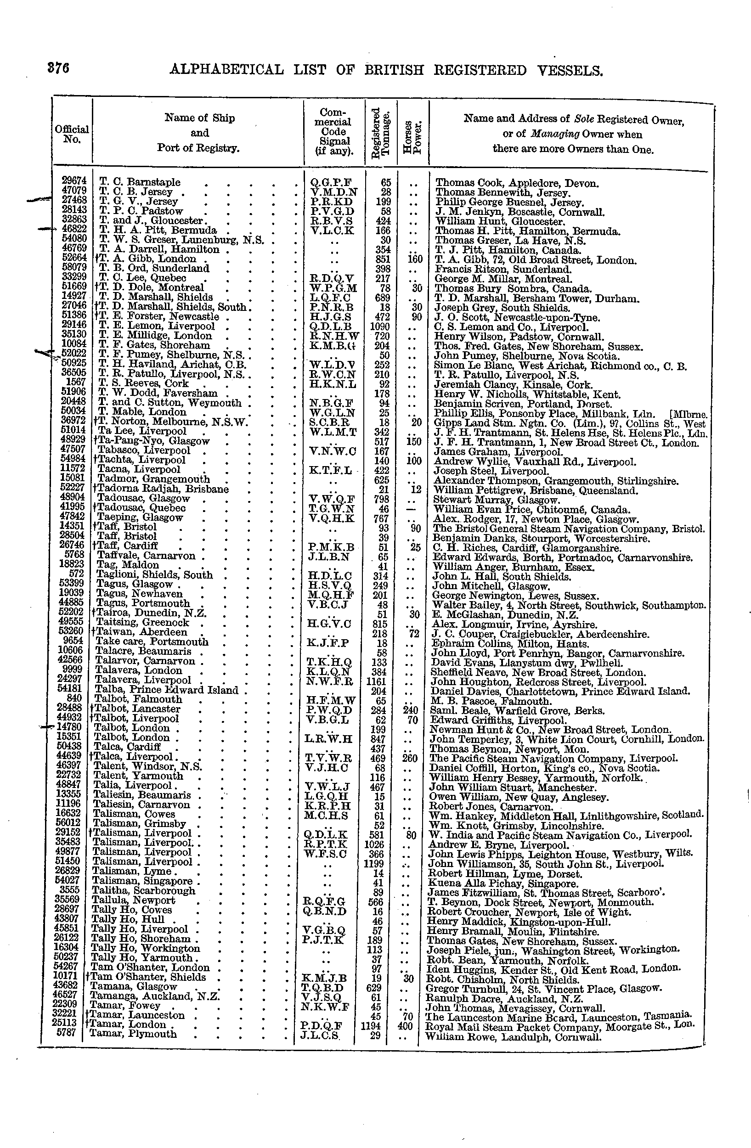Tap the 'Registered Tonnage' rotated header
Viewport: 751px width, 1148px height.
tap(381, 132)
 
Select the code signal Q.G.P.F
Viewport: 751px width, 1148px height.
tap(331, 182)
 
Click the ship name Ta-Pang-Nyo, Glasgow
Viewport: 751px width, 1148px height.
tap(153, 441)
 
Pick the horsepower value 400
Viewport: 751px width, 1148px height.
tap(405, 1025)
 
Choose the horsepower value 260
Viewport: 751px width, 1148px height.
tap(412, 758)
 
